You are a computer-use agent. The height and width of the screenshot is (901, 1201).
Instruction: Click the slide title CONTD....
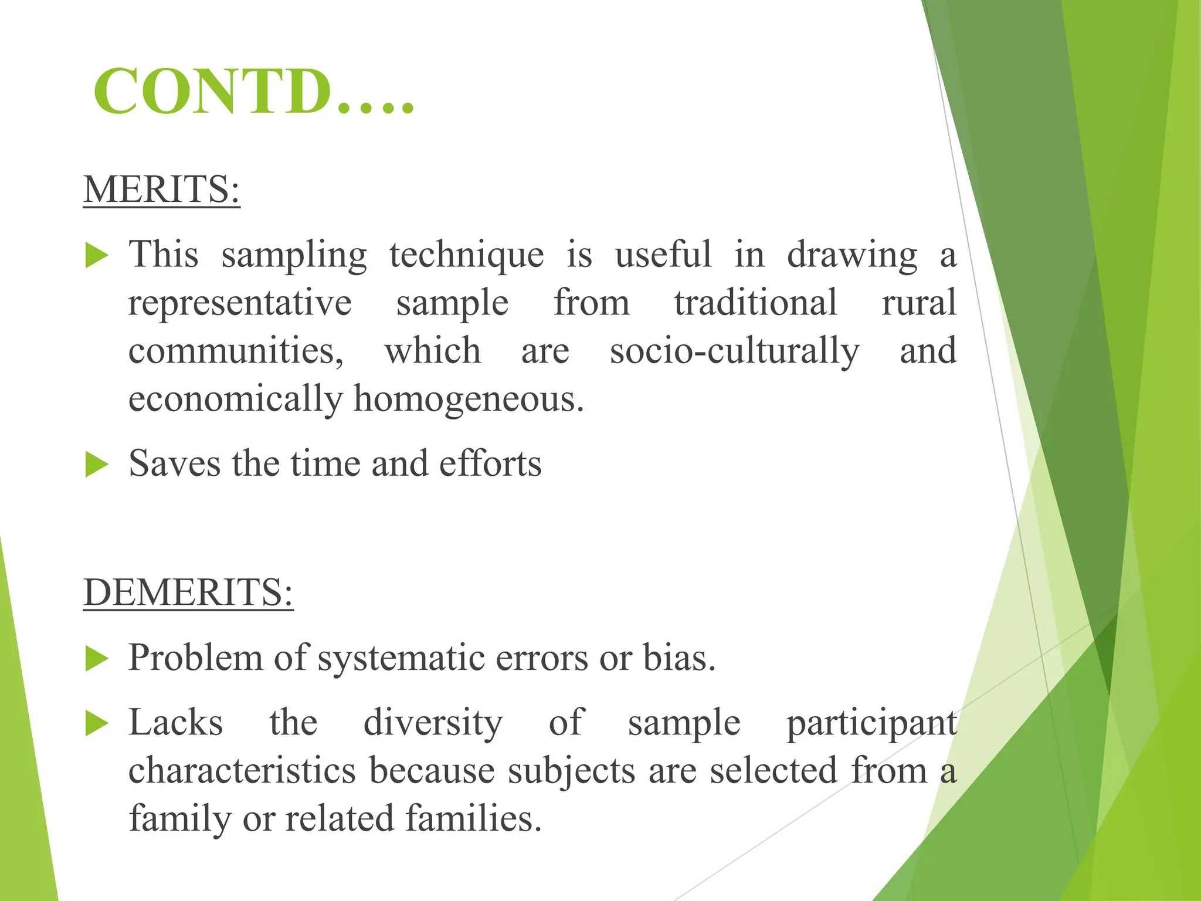click(x=253, y=92)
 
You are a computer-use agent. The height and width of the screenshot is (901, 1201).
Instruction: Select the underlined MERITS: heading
click(x=161, y=189)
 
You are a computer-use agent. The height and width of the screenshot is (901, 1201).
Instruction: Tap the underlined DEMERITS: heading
click(x=188, y=592)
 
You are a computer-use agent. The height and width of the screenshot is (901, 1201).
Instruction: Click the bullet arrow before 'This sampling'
click(x=97, y=256)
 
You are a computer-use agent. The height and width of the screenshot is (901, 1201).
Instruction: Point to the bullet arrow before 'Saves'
click(x=97, y=465)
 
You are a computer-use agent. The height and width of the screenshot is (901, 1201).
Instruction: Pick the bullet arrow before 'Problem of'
click(x=97, y=659)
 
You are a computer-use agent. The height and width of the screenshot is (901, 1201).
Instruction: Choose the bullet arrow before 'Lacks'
click(x=97, y=723)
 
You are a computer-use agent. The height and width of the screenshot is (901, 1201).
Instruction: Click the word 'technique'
click(x=466, y=256)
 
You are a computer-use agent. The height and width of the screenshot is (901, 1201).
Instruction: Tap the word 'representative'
click(x=240, y=303)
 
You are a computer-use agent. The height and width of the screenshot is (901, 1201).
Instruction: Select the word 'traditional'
click(x=755, y=303)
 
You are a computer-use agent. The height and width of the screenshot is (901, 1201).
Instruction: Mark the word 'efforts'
click(x=490, y=464)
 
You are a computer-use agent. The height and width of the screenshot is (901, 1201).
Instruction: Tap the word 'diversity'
click(x=433, y=723)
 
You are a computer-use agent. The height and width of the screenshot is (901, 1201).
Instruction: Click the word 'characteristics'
click(x=242, y=771)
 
